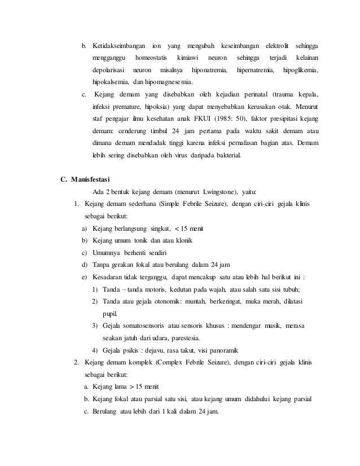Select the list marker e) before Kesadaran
(x=85, y=278)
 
